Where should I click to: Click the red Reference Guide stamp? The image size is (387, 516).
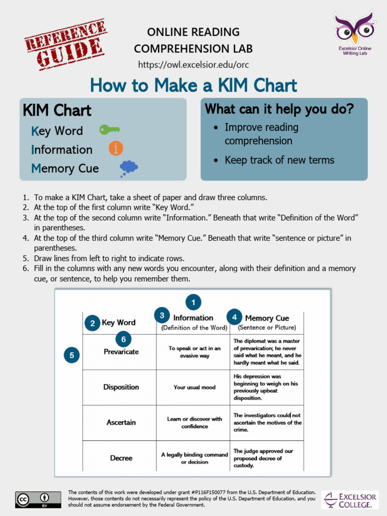click(x=64, y=44)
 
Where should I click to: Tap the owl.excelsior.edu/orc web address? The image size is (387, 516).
click(x=193, y=65)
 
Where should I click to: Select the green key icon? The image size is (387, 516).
click(x=109, y=130)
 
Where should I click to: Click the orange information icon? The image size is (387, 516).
click(x=116, y=148)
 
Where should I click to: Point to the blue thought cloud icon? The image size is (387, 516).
click(x=128, y=168)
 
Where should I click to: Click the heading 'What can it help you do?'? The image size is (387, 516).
click(x=279, y=109)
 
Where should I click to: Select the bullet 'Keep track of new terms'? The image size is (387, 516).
click(x=279, y=160)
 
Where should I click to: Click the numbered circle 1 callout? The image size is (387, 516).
click(x=193, y=302)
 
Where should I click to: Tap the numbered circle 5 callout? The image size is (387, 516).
click(x=72, y=355)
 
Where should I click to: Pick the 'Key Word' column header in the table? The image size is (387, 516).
click(x=118, y=322)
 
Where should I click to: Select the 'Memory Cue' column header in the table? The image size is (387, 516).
click(x=267, y=318)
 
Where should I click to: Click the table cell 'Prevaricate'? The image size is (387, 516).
click(x=121, y=352)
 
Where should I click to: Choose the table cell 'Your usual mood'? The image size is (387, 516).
click(x=194, y=388)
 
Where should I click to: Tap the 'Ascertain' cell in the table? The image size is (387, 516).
click(x=121, y=422)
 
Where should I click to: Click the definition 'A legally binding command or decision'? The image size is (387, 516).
click(x=194, y=458)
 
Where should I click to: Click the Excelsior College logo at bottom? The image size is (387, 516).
click(x=350, y=499)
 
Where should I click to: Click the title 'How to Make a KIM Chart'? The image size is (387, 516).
click(x=193, y=85)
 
